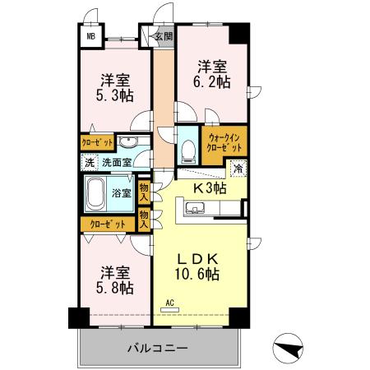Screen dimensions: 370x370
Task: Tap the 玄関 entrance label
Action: point(164,36)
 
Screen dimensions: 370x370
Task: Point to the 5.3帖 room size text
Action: point(114,89)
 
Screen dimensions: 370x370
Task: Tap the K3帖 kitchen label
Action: point(210,188)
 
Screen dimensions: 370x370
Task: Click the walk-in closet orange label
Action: point(225,141)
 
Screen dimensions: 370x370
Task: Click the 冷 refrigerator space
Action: point(237,170)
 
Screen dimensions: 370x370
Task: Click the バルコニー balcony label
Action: point(157,348)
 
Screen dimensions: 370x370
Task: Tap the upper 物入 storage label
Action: point(145,192)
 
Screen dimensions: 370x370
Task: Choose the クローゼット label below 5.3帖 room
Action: point(97,141)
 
